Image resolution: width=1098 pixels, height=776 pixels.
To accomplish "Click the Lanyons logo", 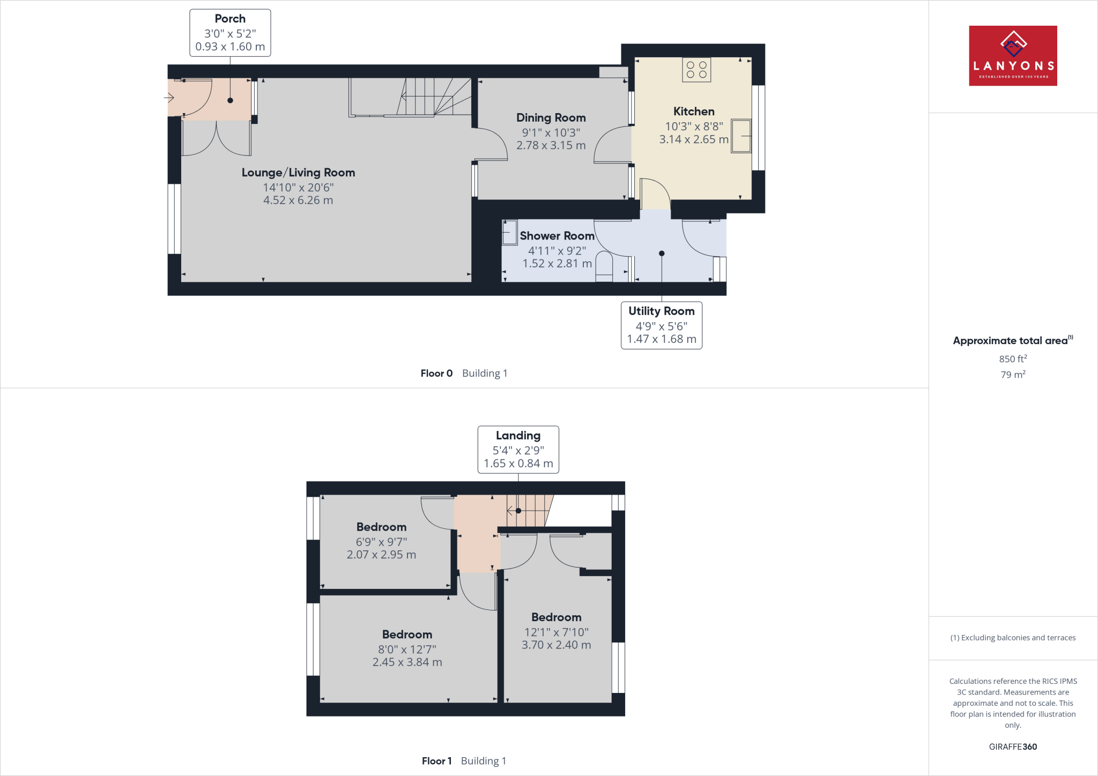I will point(1012,56).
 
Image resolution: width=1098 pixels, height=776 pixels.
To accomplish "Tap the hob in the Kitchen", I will point(696,70).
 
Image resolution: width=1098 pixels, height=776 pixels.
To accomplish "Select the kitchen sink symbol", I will point(741,136).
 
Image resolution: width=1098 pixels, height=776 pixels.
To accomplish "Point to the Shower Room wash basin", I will point(509,233).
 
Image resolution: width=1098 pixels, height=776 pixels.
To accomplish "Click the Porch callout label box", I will point(230,33).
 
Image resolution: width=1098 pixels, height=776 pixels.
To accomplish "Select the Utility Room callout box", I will point(661,325).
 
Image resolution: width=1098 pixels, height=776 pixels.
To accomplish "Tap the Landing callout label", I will point(518,450).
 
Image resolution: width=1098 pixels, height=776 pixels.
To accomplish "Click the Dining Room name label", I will point(551,117).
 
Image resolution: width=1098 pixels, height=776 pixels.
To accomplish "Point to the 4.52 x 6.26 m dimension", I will point(298,200).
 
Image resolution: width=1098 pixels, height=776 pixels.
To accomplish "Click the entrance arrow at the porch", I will point(169,98).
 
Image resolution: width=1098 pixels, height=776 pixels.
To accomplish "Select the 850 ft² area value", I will point(1012,359).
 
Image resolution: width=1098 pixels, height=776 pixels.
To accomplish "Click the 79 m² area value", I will point(1012,375).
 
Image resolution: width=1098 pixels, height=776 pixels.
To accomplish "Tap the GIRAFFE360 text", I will point(1012,747).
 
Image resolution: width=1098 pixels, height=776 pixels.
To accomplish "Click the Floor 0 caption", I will point(436,374).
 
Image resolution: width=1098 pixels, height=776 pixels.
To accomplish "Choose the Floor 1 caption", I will point(436,761).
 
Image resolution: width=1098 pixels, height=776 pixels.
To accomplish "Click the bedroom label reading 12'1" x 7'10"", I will point(556,632).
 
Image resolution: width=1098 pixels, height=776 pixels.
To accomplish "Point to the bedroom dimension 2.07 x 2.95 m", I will point(381,555).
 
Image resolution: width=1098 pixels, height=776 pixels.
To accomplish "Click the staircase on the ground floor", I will point(424,97).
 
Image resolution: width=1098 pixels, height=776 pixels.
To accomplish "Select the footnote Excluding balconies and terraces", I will point(1012,638).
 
